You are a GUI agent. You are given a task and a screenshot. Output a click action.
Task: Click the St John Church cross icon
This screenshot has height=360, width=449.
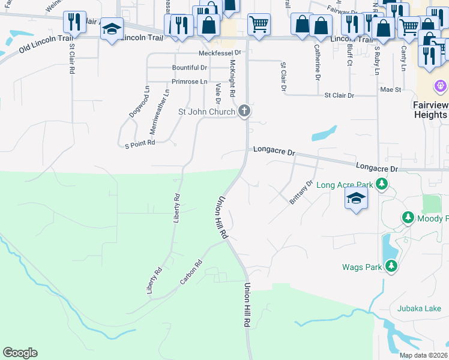[244, 111]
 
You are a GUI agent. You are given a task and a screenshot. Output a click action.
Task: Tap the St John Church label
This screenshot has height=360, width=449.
[206, 112]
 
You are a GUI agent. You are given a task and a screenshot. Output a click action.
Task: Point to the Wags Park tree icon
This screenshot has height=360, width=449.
[391, 265]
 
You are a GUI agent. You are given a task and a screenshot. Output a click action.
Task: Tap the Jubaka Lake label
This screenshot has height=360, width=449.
[418, 309]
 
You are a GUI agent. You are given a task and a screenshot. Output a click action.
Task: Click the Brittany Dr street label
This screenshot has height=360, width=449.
[301, 193]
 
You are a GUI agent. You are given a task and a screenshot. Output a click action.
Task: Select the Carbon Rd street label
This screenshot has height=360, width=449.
[191, 272]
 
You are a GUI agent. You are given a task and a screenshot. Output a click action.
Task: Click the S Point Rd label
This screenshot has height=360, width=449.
[140, 143]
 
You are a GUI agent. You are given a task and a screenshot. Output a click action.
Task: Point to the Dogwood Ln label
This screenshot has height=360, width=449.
[139, 101]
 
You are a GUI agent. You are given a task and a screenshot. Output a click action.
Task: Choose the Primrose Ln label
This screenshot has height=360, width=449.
[189, 81]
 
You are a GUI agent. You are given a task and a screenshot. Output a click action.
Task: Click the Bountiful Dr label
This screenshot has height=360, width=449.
[189, 68]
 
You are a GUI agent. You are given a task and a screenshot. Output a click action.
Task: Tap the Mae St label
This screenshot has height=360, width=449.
[390, 89]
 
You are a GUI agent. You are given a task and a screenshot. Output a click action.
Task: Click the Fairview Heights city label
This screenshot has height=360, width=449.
[430, 109]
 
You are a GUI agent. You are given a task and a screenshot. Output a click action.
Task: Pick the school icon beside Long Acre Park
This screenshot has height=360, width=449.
[356, 199]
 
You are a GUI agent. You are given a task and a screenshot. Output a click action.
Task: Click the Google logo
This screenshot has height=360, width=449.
[20, 353]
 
